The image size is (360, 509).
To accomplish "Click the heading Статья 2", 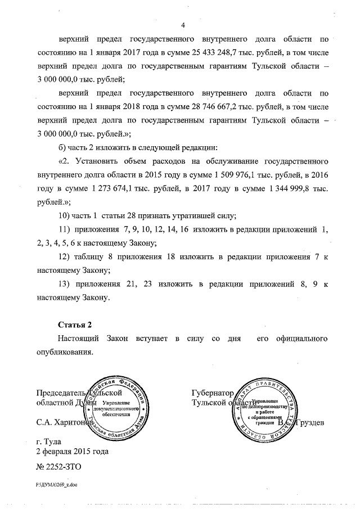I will point(74,325).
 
